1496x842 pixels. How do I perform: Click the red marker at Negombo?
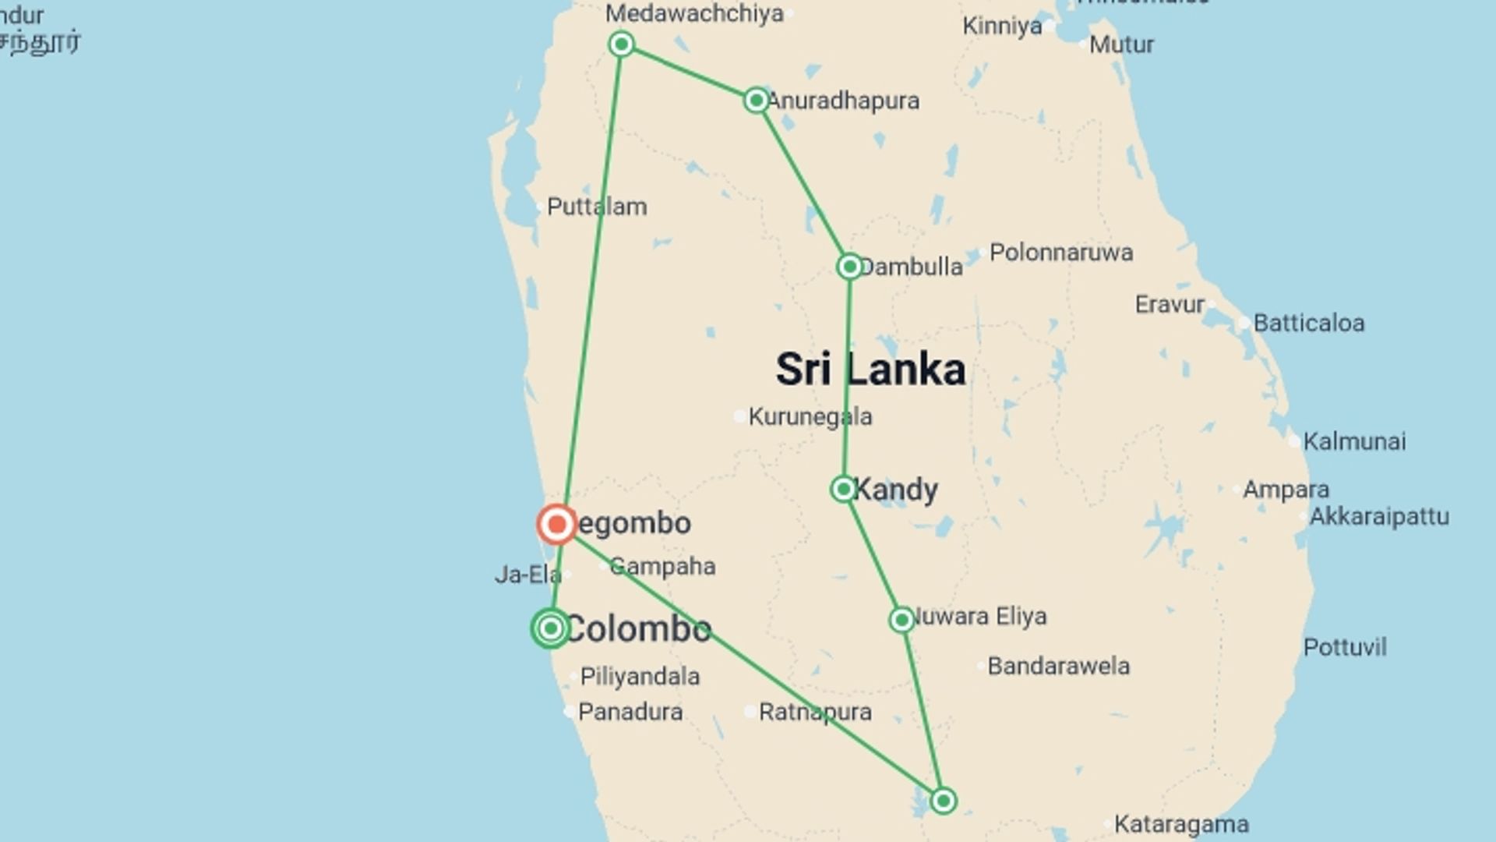556,524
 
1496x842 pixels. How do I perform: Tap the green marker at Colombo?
551,628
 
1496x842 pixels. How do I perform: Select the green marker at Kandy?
843,489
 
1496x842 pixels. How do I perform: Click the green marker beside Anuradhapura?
756,100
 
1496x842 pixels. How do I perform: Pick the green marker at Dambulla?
849,267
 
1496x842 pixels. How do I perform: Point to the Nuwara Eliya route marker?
901,620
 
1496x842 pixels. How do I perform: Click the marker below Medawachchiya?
621,44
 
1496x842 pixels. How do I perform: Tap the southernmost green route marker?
943,801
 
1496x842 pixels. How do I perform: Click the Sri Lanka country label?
870,370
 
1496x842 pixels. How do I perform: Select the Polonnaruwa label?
1061,253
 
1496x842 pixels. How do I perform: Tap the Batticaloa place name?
1309,323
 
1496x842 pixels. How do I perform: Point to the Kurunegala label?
810,417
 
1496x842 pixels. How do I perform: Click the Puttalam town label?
597,207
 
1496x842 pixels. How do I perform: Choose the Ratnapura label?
815,712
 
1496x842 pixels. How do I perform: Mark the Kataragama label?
1181,824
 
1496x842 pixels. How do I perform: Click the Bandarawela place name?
1058,666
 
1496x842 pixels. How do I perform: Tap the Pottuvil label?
1345,647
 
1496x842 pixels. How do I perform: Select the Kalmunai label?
1354,441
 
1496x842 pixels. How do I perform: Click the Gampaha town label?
662,566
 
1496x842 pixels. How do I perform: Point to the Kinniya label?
1002,26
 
